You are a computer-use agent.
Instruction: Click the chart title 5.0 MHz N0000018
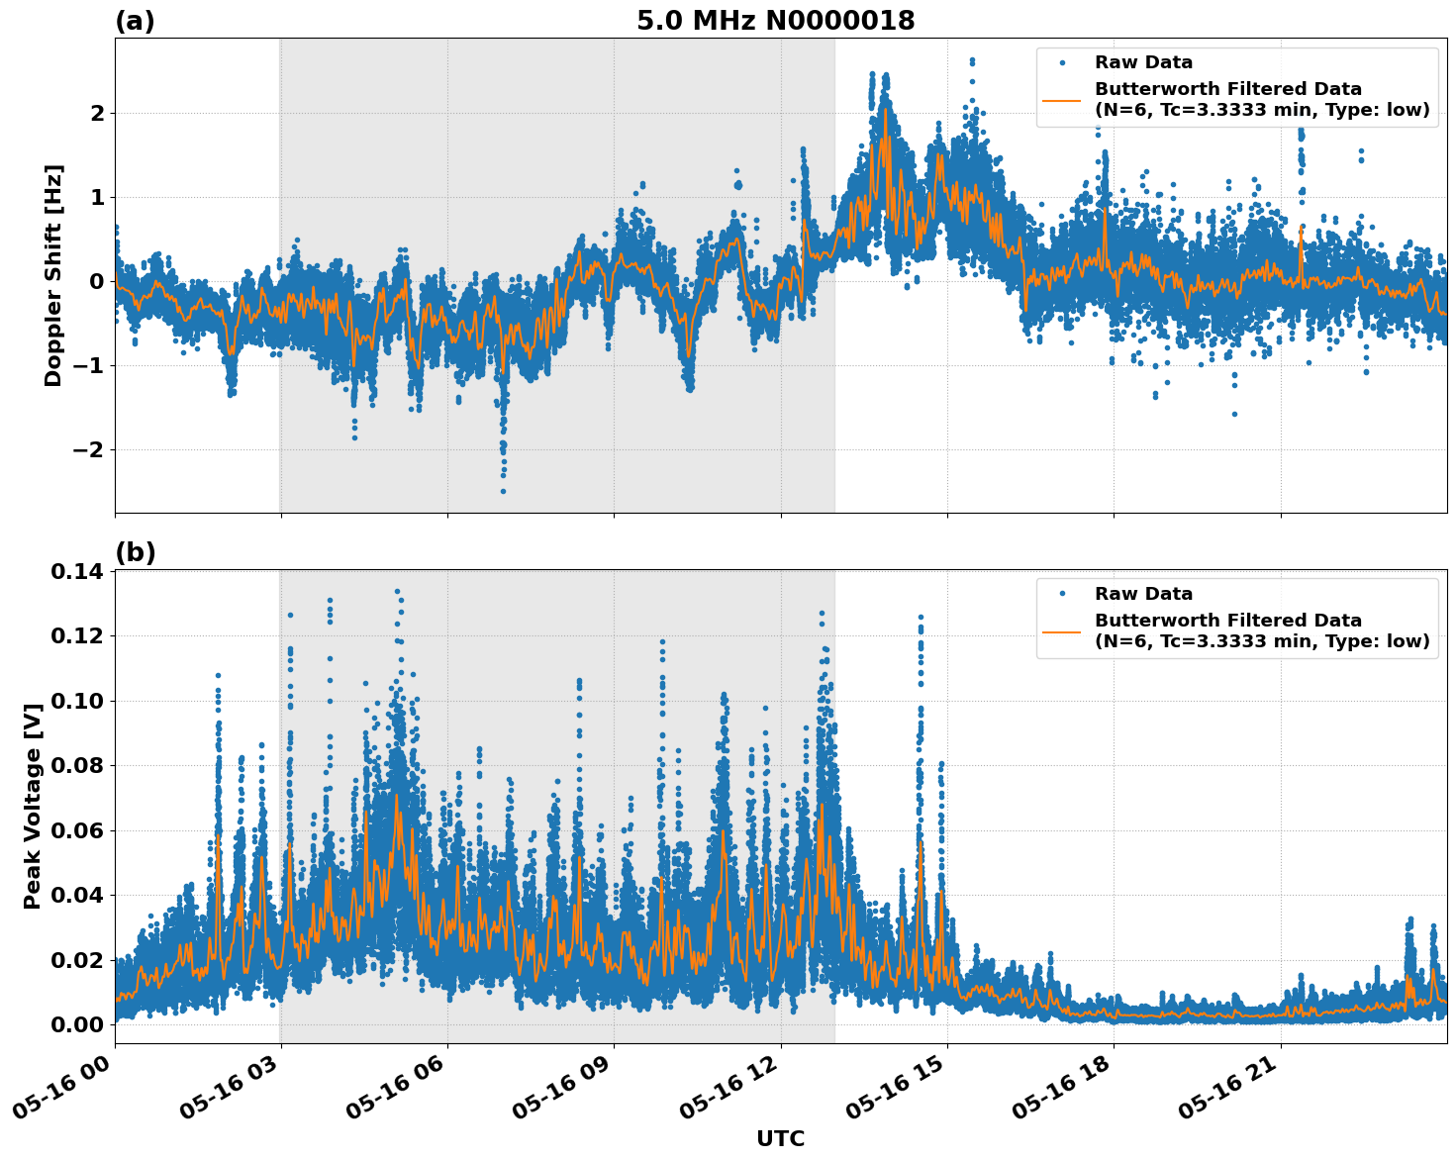tap(775, 21)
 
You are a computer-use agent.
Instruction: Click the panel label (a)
tap(135, 21)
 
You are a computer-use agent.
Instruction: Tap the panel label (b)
tap(135, 552)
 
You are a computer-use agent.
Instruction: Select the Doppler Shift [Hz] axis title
tap(53, 275)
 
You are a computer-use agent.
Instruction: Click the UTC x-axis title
tap(780, 1138)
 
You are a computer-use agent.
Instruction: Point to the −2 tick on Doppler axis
tap(86, 450)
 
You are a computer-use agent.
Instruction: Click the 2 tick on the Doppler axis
tap(97, 114)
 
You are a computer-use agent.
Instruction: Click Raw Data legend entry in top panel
tap(1143, 62)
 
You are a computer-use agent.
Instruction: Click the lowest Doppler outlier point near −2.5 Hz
tap(503, 491)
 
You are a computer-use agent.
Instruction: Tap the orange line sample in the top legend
tap(1062, 99)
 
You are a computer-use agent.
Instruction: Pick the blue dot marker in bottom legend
tap(1062, 594)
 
